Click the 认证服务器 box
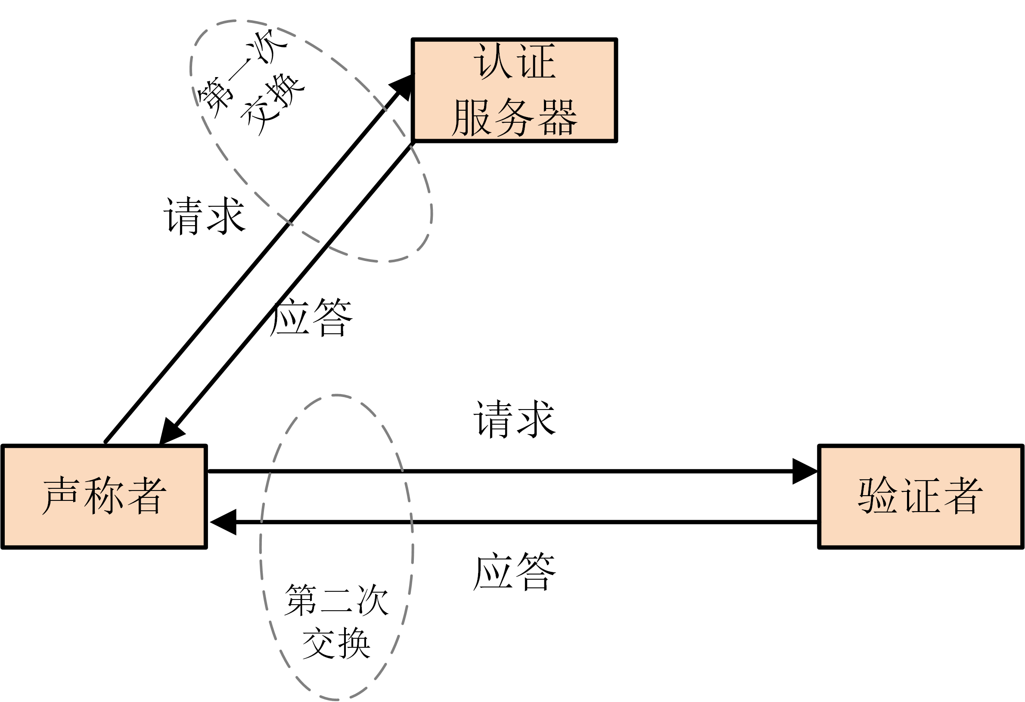click(x=514, y=90)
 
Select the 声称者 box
click(x=104, y=497)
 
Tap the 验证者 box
click(x=920, y=497)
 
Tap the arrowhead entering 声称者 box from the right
click(x=224, y=522)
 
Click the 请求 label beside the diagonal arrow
click(x=204, y=216)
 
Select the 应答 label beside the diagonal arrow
click(x=311, y=318)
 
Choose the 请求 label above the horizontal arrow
click(x=514, y=419)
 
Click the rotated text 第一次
click(x=240, y=73)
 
